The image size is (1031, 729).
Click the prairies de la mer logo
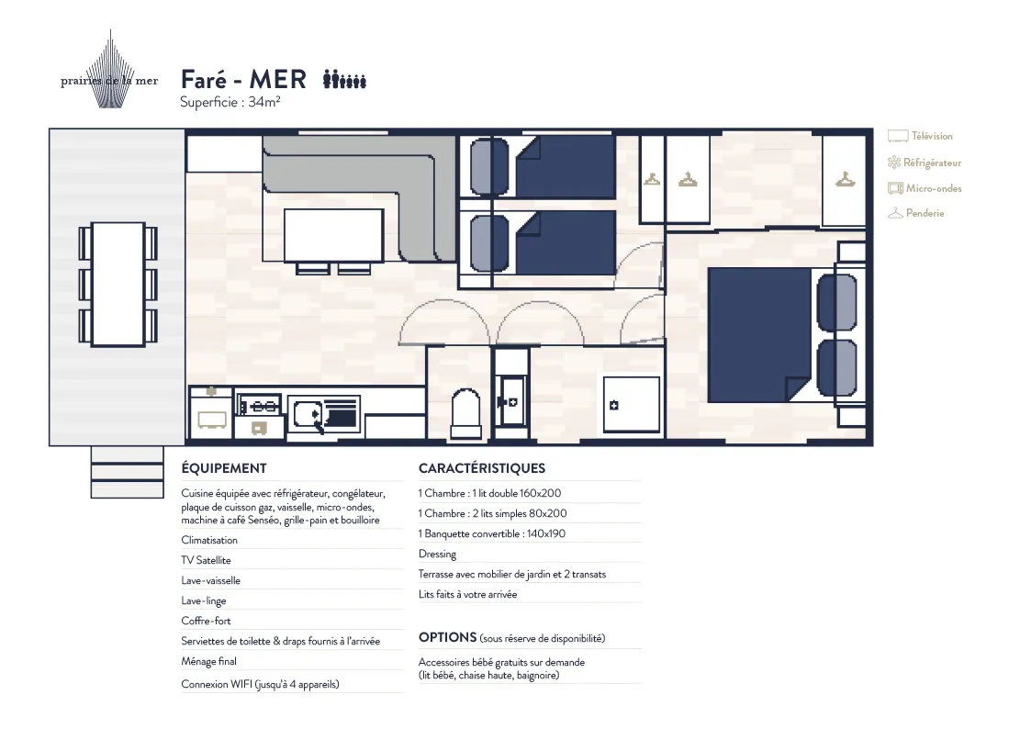coord(110,71)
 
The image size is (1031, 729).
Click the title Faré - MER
coord(243,80)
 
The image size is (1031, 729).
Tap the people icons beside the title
coord(344,80)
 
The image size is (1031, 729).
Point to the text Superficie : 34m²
coord(230,102)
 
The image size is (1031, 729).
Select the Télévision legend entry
coord(920,136)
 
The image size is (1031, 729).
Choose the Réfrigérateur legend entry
coord(924,163)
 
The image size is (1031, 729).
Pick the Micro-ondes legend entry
coord(924,188)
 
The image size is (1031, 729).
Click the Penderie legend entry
coord(915,213)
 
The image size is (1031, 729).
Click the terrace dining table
coord(118,284)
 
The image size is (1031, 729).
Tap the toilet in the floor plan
coord(465,413)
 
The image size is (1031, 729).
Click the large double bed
coord(759,334)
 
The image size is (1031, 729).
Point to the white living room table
coord(334,235)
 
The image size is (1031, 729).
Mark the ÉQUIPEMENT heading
coord(224,468)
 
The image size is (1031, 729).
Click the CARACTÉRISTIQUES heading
coord(482,468)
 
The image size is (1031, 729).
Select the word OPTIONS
coord(447,637)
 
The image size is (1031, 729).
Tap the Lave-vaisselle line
coord(211,580)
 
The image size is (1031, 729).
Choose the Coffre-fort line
coord(206,621)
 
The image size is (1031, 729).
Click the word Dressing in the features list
coord(437,555)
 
